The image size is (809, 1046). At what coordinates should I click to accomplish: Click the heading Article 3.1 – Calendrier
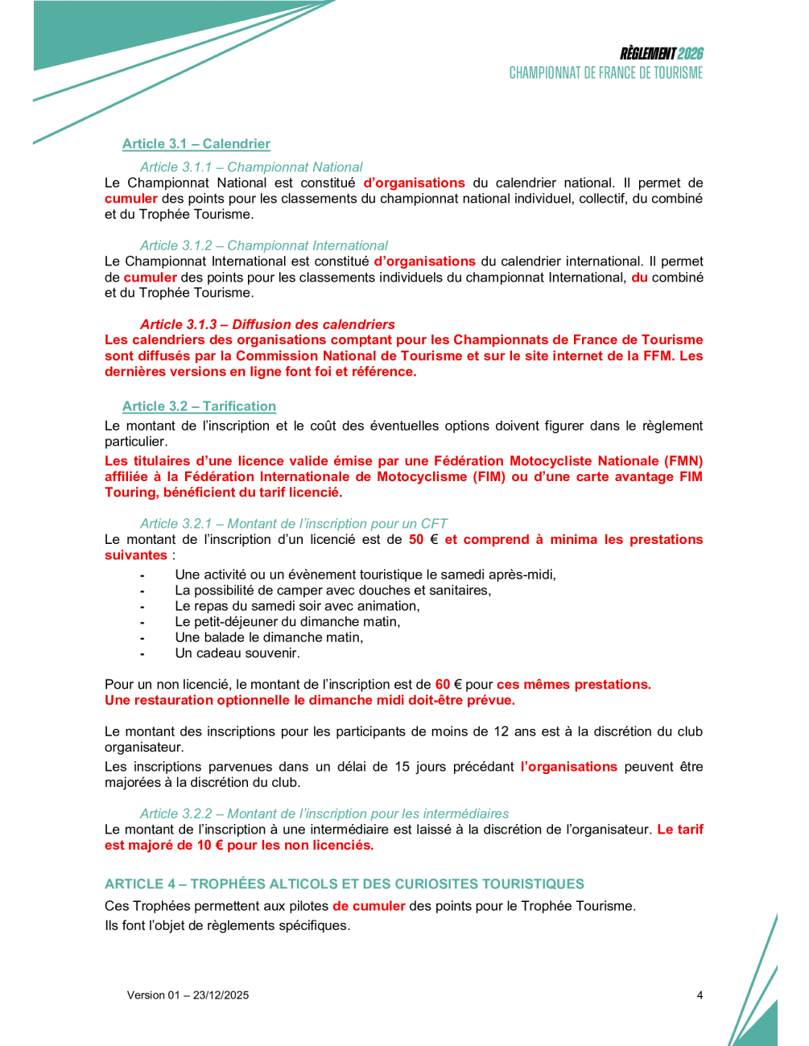(196, 144)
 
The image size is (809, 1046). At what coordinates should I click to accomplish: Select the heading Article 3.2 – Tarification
(199, 406)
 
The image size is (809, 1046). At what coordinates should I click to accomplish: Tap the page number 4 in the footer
(700, 995)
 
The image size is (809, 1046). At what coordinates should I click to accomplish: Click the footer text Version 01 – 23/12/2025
(188, 995)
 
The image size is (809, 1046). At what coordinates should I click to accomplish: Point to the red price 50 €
(423, 540)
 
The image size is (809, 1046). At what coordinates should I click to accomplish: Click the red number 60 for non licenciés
(443, 685)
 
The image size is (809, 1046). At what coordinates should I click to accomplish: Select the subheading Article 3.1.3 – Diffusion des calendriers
(267, 324)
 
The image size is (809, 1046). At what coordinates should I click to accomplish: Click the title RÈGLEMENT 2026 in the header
(661, 54)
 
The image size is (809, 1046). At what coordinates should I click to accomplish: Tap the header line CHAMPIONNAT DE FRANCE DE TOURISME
(605, 73)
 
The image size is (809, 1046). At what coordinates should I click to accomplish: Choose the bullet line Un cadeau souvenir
(237, 653)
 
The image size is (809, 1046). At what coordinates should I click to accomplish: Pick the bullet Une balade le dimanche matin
(269, 637)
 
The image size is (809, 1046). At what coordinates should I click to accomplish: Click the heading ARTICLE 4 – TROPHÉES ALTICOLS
(344, 883)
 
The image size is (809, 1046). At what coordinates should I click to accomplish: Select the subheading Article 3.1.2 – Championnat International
(263, 245)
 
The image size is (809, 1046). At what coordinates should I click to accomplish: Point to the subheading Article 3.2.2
(324, 813)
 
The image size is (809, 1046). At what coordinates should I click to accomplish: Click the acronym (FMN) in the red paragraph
(683, 461)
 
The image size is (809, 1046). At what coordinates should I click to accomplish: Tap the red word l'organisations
(568, 767)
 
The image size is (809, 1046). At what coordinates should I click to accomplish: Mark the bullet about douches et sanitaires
(332, 591)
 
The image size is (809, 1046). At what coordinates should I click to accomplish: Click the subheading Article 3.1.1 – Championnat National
(251, 167)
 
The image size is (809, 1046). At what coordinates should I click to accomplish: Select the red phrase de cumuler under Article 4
(369, 906)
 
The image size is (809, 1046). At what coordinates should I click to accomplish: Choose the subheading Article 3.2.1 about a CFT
(293, 524)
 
